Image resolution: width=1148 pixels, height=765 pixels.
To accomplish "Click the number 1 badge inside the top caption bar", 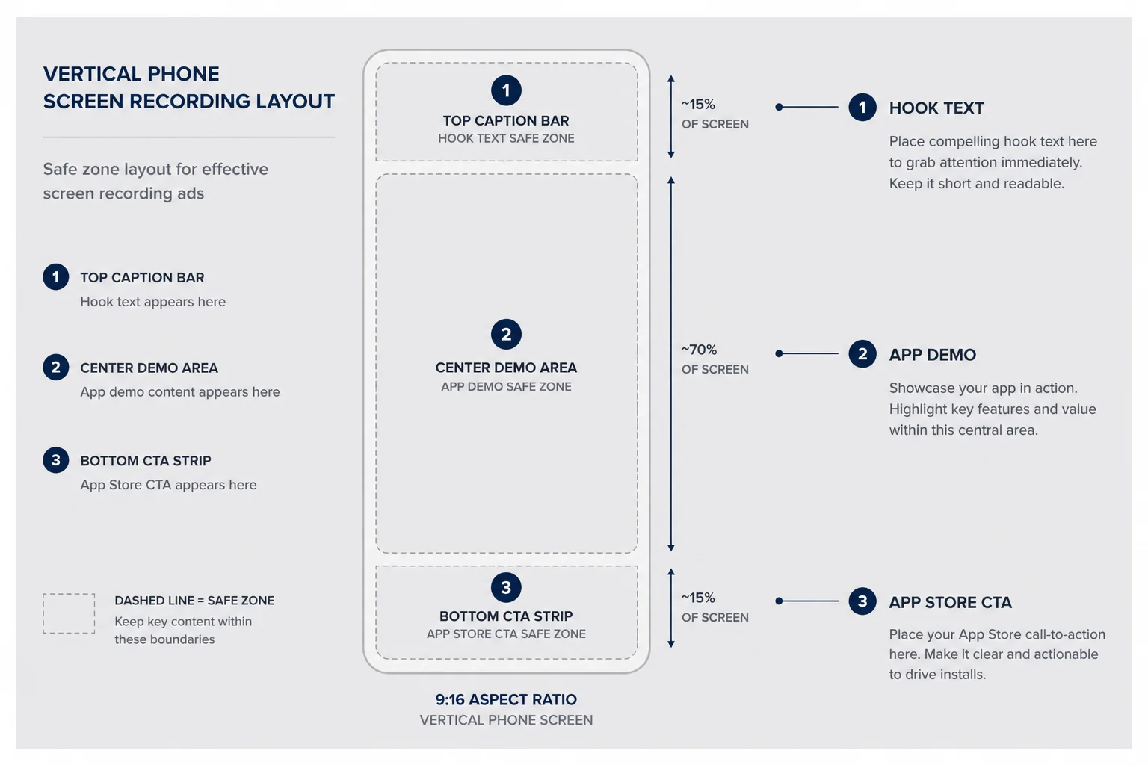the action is tap(506, 90).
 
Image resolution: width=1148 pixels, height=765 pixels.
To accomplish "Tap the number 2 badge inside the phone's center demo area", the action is tap(506, 334).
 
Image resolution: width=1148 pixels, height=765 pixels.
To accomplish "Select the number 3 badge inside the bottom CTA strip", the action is tap(506, 587).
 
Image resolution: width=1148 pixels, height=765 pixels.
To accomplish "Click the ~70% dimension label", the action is tap(699, 350).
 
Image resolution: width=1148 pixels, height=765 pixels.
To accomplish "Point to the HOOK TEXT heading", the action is tap(936, 108).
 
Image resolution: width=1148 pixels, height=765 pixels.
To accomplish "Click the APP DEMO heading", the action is tap(932, 355).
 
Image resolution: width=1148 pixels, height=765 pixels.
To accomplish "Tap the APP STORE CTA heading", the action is tap(950, 602).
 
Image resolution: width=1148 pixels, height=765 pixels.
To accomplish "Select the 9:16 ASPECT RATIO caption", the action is tap(506, 699).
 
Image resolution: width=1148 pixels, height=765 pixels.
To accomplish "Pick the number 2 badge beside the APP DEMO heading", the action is tap(862, 353).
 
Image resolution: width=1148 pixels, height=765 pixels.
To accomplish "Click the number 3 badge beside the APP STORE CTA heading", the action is tap(862, 601).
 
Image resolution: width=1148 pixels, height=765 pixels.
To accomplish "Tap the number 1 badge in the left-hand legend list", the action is tap(56, 276).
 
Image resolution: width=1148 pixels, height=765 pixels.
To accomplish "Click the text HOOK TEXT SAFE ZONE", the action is tap(506, 138).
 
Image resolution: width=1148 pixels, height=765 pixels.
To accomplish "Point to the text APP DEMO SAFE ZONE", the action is tap(506, 386).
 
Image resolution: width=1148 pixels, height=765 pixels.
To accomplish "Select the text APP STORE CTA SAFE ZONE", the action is tap(506, 634).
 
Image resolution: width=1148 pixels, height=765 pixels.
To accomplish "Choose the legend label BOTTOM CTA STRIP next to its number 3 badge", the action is tap(146, 461).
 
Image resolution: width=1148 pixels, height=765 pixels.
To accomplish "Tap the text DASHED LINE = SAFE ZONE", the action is tap(194, 600).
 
